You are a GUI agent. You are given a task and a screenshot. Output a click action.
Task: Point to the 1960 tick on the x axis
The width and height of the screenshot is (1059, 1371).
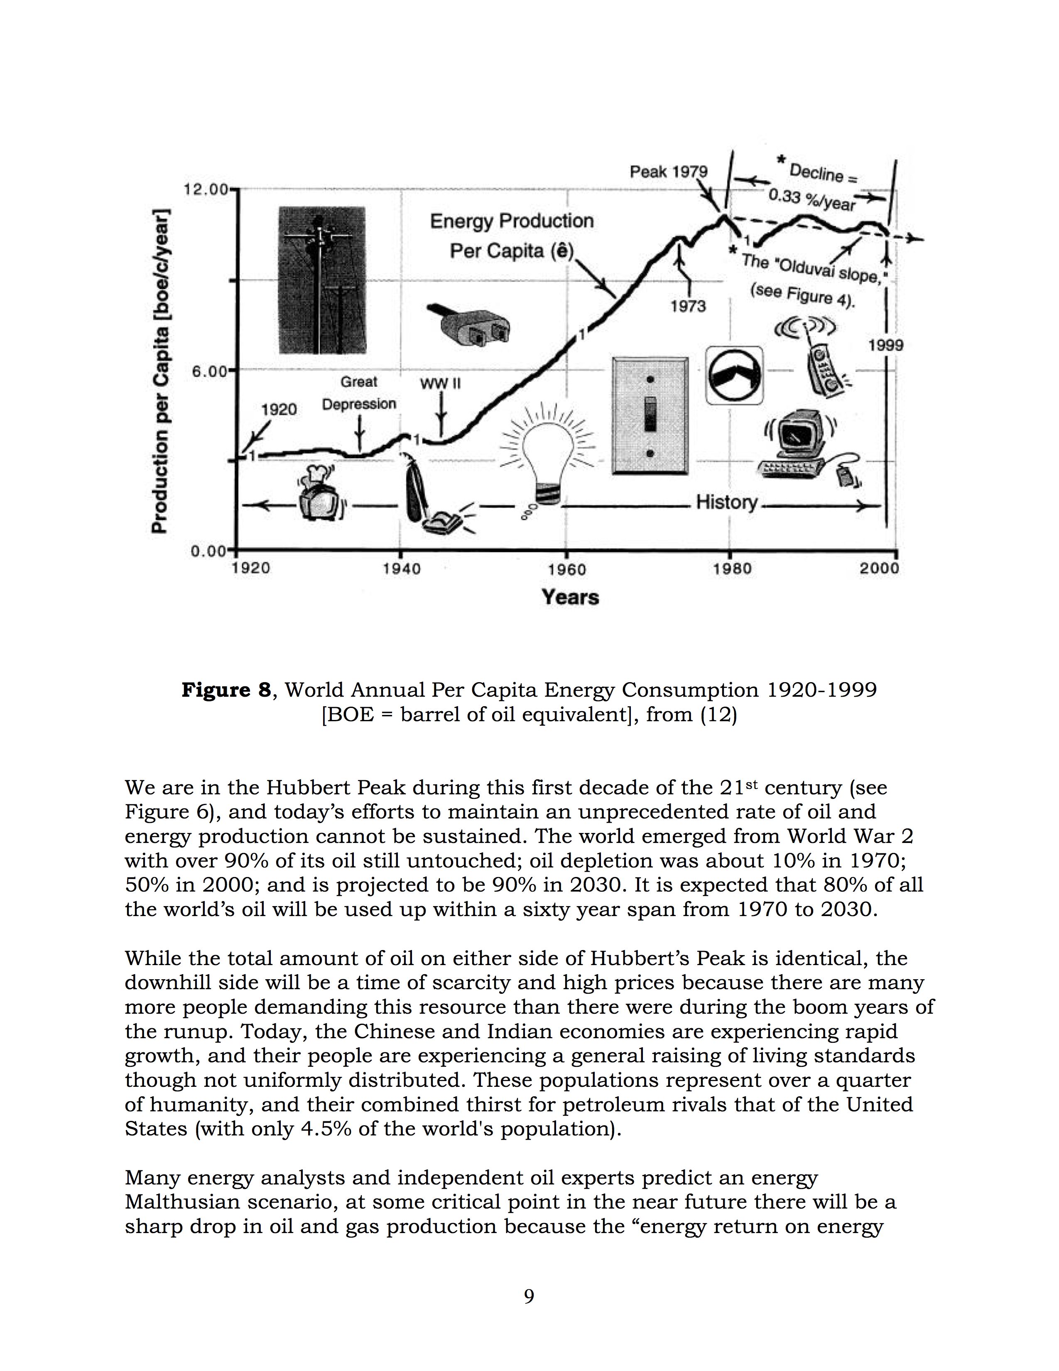(x=566, y=569)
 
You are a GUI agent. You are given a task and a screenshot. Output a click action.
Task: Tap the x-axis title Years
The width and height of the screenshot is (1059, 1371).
(x=570, y=597)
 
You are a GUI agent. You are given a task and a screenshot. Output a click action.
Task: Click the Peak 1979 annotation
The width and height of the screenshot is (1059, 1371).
(x=669, y=171)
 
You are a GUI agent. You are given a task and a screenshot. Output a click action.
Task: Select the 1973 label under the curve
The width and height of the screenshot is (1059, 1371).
(x=688, y=306)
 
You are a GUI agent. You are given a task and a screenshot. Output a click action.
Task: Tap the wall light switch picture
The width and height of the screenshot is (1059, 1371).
(x=650, y=415)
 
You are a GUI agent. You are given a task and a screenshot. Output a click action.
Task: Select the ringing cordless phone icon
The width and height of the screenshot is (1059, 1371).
(x=819, y=356)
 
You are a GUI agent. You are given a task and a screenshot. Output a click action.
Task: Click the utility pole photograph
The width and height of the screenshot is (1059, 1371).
(x=322, y=280)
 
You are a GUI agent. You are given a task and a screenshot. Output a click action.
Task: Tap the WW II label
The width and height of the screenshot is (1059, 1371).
(x=440, y=383)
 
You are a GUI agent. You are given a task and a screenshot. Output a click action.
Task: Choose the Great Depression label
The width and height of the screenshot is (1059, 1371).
(x=359, y=393)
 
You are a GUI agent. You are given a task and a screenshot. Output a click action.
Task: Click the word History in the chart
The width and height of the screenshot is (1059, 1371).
(x=726, y=502)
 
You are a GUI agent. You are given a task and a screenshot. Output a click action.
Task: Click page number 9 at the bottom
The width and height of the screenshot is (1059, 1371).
(x=529, y=1296)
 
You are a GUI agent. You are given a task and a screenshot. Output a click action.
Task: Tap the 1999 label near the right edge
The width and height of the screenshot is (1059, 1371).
(x=886, y=345)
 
